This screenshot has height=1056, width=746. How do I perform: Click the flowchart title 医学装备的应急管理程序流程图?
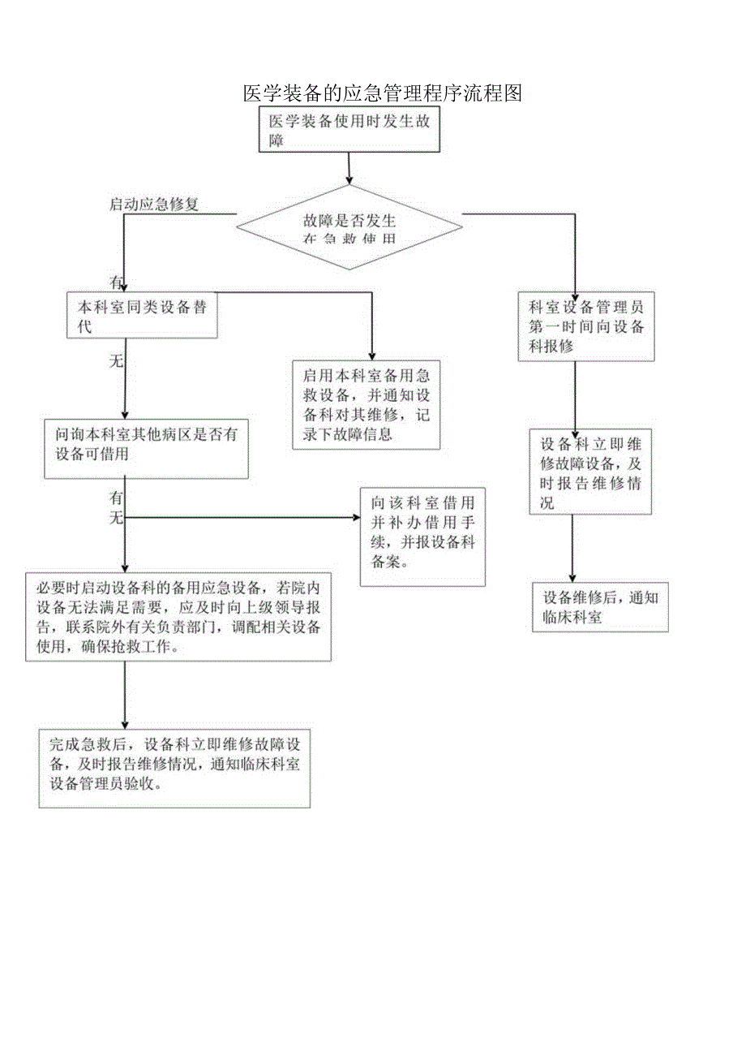pyautogui.click(x=382, y=93)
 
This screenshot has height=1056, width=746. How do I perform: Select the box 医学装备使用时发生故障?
pyautogui.click(x=349, y=130)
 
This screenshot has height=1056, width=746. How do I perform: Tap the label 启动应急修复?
pyautogui.click(x=154, y=205)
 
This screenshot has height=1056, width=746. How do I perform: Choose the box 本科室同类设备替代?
pyautogui.click(x=143, y=316)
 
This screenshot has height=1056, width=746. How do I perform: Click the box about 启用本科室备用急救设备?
pyautogui.click(x=367, y=404)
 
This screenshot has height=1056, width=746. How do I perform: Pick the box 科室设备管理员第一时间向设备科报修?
pyautogui.click(x=586, y=326)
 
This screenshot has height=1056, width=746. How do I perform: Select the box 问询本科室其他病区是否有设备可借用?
pyautogui.click(x=146, y=448)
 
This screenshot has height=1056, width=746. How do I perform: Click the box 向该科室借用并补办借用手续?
pyautogui.click(x=422, y=536)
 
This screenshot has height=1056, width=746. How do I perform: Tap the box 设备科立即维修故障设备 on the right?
pyautogui.click(x=590, y=472)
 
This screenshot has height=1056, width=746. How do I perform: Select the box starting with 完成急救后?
pyautogui.click(x=174, y=768)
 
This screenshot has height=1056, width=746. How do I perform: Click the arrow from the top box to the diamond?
pyautogui.click(x=349, y=167)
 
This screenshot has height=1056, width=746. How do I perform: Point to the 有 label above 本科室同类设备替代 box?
pyautogui.click(x=116, y=282)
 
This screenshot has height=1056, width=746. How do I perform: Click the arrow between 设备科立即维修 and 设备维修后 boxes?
pyautogui.click(x=572, y=548)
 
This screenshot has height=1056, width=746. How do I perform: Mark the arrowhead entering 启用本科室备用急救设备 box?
pyautogui.click(x=371, y=355)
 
